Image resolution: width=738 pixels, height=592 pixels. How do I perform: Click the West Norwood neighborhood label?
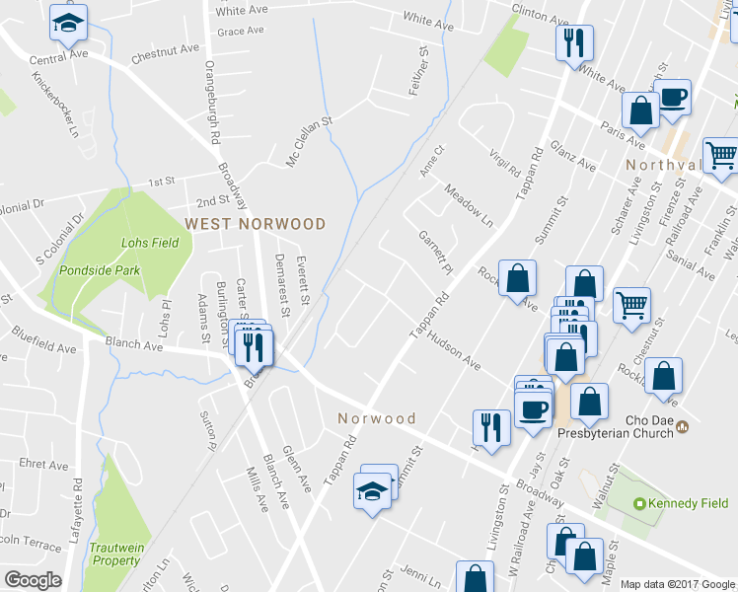(x=256, y=224)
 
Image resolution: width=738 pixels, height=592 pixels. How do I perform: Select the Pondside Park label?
(x=100, y=270)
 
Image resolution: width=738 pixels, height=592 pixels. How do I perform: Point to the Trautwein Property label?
(x=116, y=554)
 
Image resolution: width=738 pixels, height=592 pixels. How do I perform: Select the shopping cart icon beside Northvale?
(x=721, y=156)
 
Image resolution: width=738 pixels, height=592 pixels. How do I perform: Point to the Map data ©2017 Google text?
(x=678, y=584)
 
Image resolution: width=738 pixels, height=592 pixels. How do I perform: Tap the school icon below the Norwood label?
(x=372, y=490)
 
